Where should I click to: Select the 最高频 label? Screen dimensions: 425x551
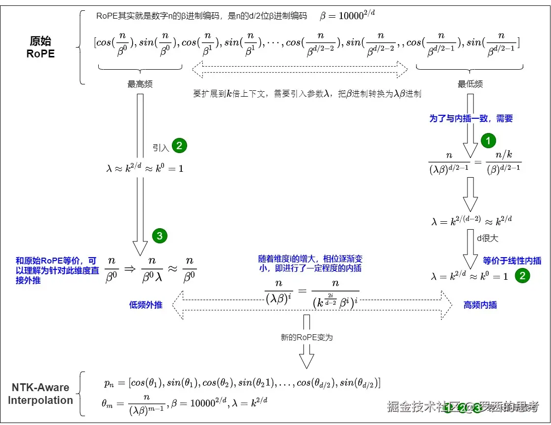click(140, 84)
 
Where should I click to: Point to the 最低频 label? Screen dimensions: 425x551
click(470, 84)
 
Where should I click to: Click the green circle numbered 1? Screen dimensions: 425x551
click(488, 141)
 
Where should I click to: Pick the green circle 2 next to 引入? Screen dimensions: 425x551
click(179, 146)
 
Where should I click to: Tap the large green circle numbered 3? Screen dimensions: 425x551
click(160, 236)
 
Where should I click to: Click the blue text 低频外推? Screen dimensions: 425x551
click(146, 305)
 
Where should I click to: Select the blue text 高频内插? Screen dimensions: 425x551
click(480, 305)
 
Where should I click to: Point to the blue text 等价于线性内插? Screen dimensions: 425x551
click(512, 261)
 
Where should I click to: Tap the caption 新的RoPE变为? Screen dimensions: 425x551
click(306, 337)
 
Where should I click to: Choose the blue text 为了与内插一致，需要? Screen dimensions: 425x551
click(471, 118)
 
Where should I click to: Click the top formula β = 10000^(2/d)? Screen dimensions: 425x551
click(348, 15)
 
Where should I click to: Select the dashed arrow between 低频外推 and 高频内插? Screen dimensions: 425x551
click(314, 304)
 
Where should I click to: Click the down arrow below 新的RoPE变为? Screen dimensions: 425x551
click(307, 356)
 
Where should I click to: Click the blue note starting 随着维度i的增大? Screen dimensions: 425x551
click(310, 263)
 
